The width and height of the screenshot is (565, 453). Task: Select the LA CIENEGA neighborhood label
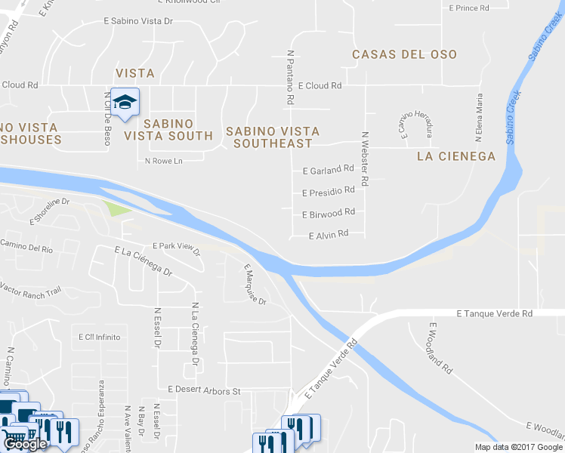point(456,156)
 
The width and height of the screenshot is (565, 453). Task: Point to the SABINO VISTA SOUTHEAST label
point(269,137)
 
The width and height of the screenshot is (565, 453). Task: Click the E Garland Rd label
point(328,169)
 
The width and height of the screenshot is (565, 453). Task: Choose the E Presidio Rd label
point(328,192)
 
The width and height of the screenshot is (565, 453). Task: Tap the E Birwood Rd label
point(328,214)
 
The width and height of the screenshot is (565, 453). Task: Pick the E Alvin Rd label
point(329,235)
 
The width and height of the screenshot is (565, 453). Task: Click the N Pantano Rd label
point(289,77)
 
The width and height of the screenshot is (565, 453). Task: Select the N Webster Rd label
point(365,160)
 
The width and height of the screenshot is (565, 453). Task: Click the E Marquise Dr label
point(255,284)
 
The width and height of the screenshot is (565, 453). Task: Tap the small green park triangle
point(114,208)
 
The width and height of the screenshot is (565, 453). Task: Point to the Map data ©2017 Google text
point(518,447)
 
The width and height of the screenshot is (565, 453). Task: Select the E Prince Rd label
point(469,8)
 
